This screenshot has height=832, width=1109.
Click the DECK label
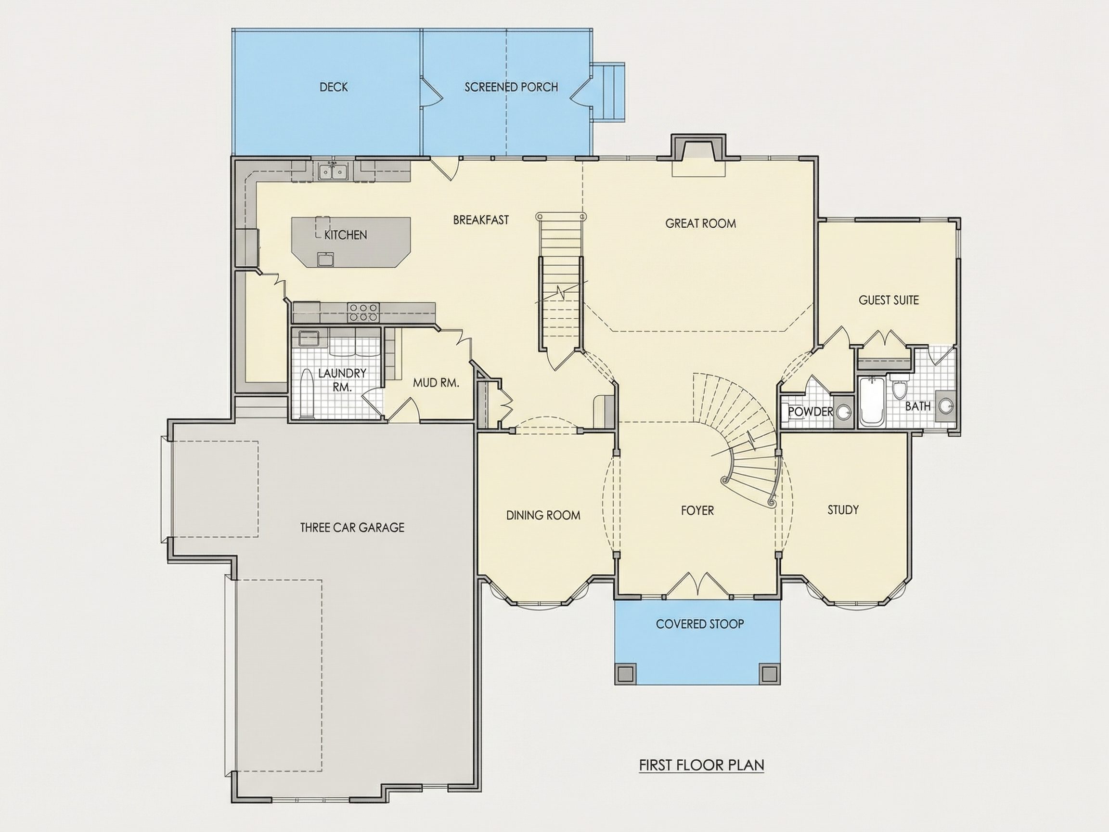pyautogui.click(x=334, y=87)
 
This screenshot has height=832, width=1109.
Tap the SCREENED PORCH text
pyautogui.click(x=511, y=87)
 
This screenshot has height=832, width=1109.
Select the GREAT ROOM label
pyautogui.click(x=700, y=224)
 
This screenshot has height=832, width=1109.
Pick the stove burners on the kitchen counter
pyautogui.click(x=363, y=312)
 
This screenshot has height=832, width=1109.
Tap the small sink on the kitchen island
pyautogui.click(x=325, y=259)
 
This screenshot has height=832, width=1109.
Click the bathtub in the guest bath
pyautogui.click(x=871, y=401)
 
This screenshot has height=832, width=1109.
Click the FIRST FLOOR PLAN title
pyautogui.click(x=701, y=765)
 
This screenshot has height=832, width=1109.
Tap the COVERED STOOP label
pyautogui.click(x=699, y=624)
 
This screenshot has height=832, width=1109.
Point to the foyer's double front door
pyautogui.click(x=697, y=584)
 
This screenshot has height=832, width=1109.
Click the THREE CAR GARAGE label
pyautogui.click(x=352, y=527)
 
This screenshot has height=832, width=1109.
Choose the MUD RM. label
pyautogui.click(x=436, y=383)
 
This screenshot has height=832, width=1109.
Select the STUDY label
pyautogui.click(x=843, y=510)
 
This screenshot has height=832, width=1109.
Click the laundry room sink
pyautogui.click(x=309, y=338)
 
